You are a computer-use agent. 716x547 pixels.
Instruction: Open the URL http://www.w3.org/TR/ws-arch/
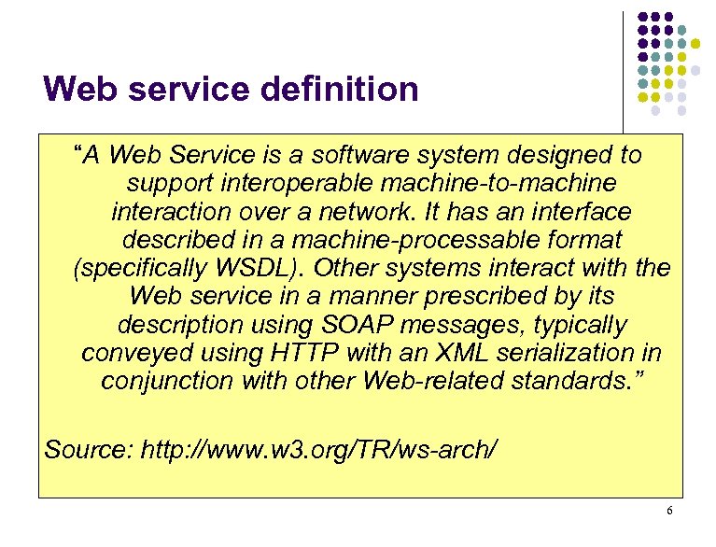pos(318,450)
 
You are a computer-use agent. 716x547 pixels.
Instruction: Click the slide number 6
pos(669,511)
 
